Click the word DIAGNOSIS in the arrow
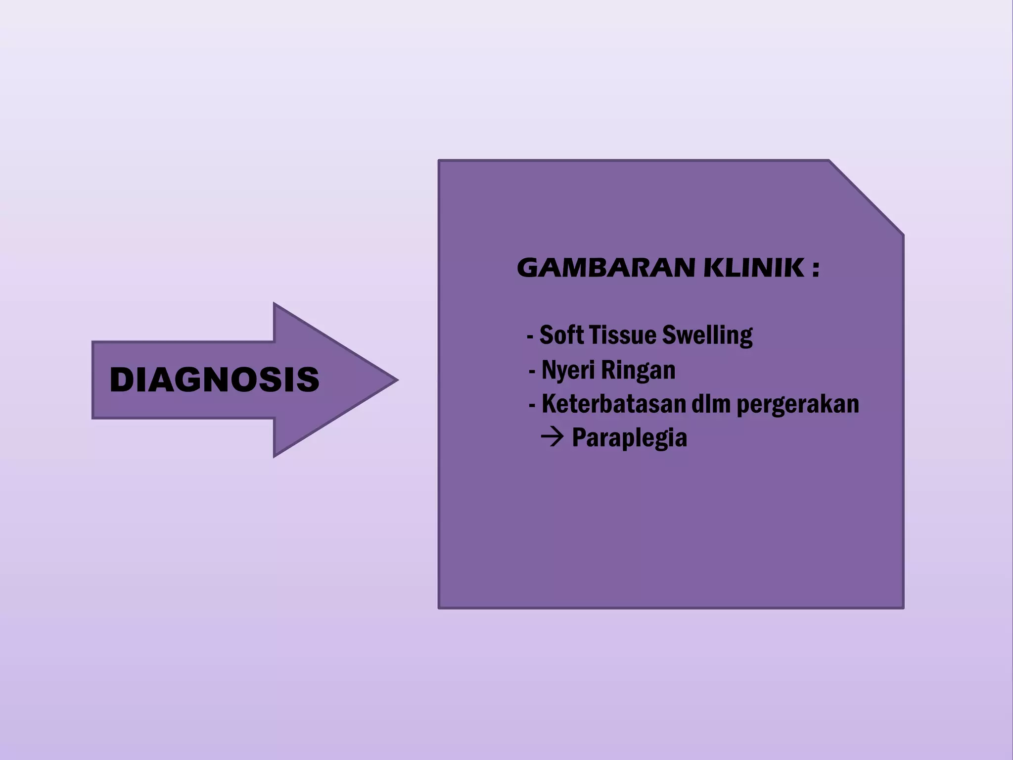pyautogui.click(x=214, y=380)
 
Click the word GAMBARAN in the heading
pyautogui.click(x=606, y=268)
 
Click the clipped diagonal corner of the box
pyautogui.click(x=867, y=197)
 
